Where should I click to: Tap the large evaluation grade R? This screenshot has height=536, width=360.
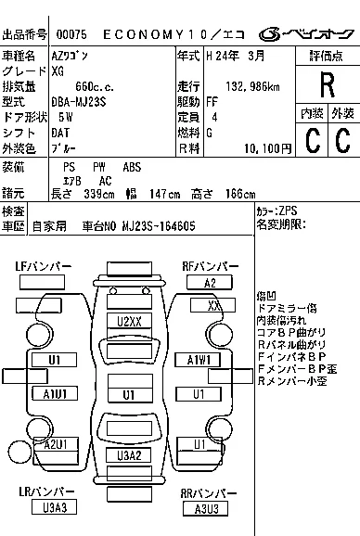click(x=326, y=85)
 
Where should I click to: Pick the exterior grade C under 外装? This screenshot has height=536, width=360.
click(x=341, y=139)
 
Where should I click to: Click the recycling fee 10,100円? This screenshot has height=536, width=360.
click(x=267, y=147)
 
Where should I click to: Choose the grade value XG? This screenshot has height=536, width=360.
click(x=58, y=70)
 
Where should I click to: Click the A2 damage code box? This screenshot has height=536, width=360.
click(x=211, y=283)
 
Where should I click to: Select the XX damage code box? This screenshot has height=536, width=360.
click(x=214, y=305)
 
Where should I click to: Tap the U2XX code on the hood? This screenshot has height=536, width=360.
click(x=129, y=321)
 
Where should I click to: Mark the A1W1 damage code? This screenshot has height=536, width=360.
click(x=197, y=359)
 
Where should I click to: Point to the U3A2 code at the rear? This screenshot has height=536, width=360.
click(x=129, y=454)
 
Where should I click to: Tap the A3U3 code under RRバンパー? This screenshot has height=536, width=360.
click(x=206, y=508)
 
